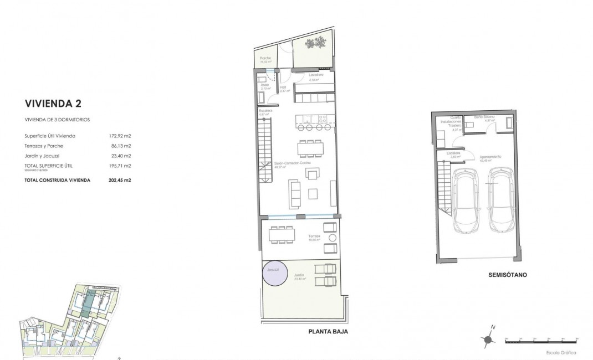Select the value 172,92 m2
click(x=120, y=136)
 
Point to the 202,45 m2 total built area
click(x=120, y=180)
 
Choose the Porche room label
click(x=265, y=58)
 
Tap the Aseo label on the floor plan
click(x=265, y=85)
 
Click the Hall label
click(x=283, y=88)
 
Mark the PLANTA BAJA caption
click(x=328, y=332)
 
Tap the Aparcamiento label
click(x=491, y=157)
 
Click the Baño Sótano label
click(x=485, y=117)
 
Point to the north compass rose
click(x=488, y=340)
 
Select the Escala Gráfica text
click(x=562, y=352)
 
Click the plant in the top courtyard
click(x=320, y=42)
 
